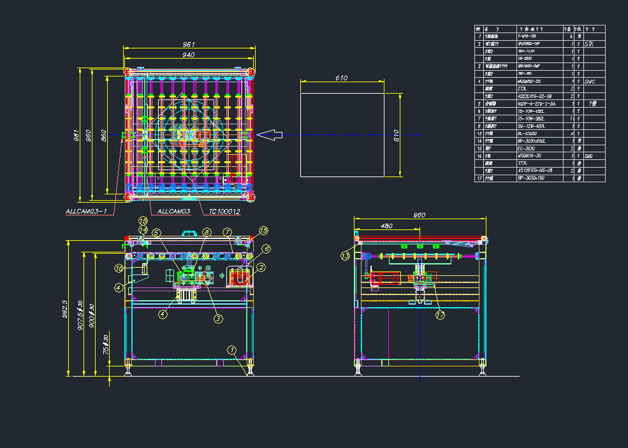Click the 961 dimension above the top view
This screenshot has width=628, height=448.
[x=189, y=45]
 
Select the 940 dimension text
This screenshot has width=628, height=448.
[x=189, y=55]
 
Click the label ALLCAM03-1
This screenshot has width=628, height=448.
[x=87, y=211]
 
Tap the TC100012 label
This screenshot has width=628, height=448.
[x=220, y=211]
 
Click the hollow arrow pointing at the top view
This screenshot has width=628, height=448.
[x=270, y=134]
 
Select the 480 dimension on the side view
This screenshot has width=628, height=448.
[x=386, y=226]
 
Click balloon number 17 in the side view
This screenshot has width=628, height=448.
[x=440, y=314]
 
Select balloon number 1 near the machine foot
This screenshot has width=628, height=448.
[x=232, y=349]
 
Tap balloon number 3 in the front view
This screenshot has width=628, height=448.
[x=218, y=319]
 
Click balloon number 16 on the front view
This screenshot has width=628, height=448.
[x=119, y=268]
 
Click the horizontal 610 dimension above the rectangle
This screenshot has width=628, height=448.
[x=342, y=78]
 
